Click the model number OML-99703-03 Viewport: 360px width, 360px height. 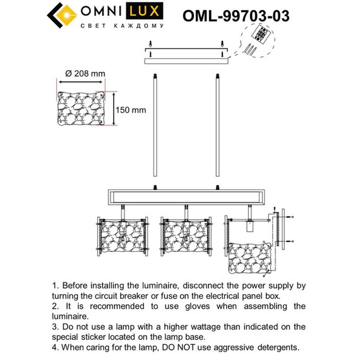(235, 16)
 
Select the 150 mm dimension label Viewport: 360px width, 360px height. (131, 110)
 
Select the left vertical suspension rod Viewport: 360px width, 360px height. (155, 126)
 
